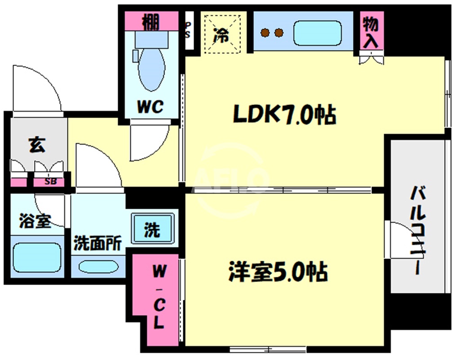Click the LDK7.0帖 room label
[x=284, y=116]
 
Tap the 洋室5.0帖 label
[x=277, y=272]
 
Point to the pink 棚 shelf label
[x=150, y=22]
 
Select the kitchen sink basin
[x=317, y=33]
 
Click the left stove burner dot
[x=266, y=33]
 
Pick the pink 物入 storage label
[x=371, y=32]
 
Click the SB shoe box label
[x=50, y=182]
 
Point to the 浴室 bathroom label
[x=35, y=220]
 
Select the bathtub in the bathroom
[x=36, y=258]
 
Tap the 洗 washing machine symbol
[x=152, y=230]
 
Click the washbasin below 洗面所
[x=97, y=266]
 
